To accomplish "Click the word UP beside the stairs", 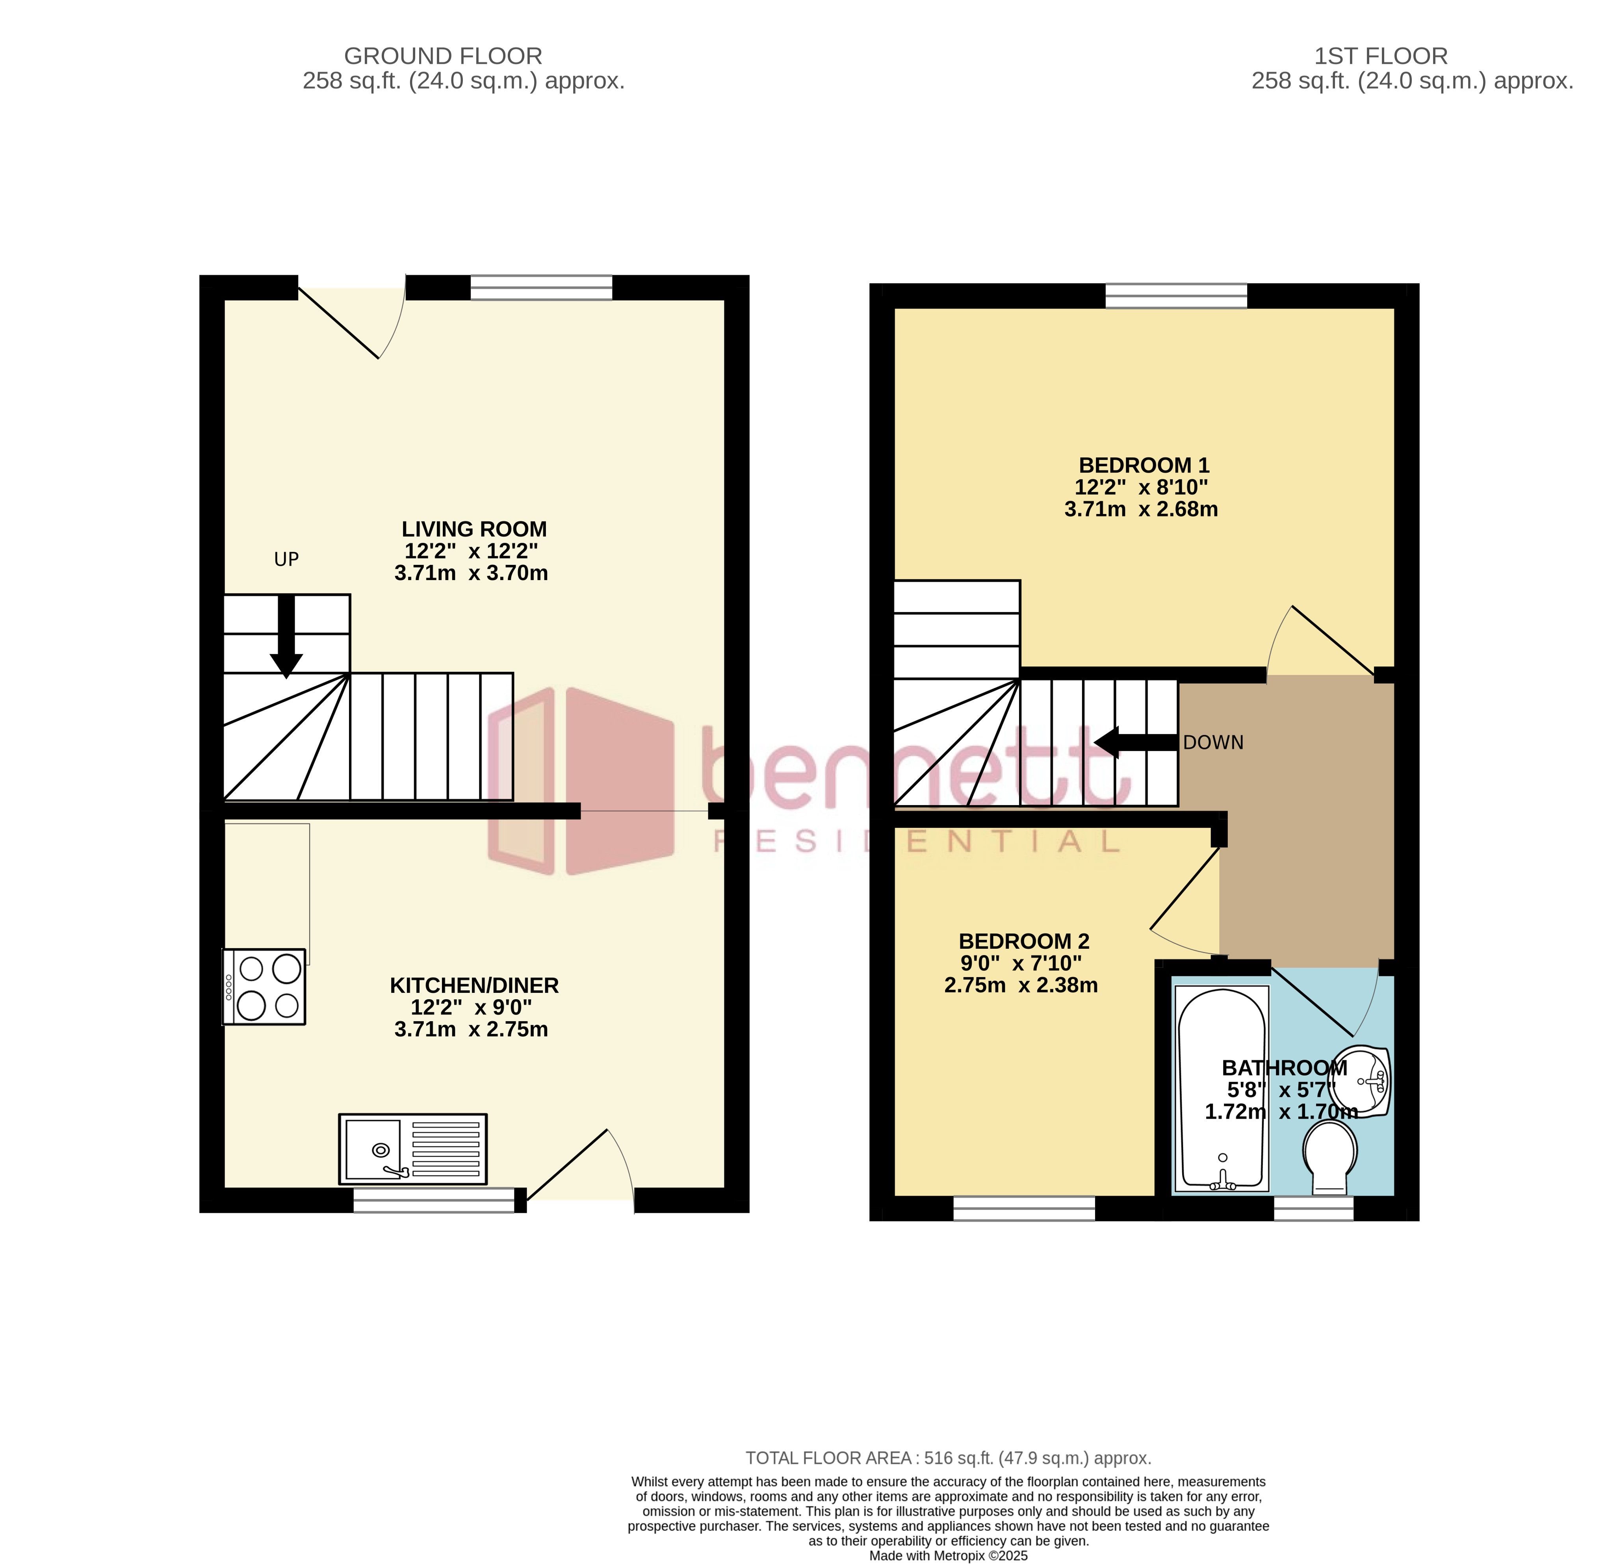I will (286, 560).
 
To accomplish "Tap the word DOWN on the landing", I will (1212, 743).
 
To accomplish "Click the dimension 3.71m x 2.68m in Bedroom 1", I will (1141, 510).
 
